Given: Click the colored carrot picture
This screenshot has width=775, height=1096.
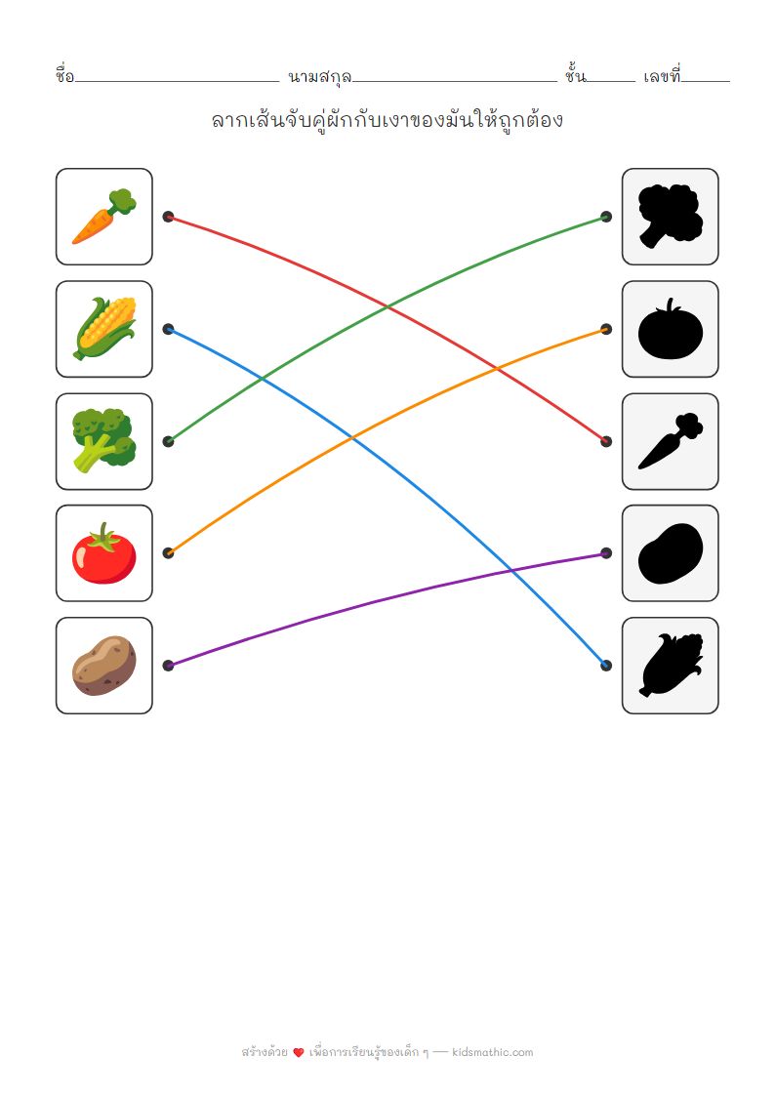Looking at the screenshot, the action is tap(104, 217).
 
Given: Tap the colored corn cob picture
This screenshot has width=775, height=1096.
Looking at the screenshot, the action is tap(104, 329).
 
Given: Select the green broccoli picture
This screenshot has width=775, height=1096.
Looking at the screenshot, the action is tap(104, 441).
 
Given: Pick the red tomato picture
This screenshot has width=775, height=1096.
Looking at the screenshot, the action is tap(104, 553).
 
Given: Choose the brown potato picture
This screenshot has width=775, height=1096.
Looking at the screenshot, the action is tap(104, 666).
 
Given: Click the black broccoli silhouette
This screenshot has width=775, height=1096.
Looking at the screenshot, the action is tap(671, 217).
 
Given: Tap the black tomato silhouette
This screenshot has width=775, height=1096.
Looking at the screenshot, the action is tap(671, 329).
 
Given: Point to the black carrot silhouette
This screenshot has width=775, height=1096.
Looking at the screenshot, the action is tap(671, 441).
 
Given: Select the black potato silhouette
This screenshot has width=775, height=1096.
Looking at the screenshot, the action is tap(671, 553).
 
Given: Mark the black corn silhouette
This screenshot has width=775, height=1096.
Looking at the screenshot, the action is tap(671, 666).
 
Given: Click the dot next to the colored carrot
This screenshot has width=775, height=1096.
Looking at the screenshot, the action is tap(169, 217).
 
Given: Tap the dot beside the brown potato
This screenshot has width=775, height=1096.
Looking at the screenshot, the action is tap(169, 666).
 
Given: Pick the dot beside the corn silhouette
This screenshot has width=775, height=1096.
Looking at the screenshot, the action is tap(606, 666).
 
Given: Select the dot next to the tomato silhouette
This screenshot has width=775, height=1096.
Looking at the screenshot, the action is tap(606, 329).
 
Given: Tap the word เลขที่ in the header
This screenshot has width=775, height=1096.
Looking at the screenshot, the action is tap(662, 75).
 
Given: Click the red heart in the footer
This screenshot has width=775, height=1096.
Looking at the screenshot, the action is tap(299, 1053).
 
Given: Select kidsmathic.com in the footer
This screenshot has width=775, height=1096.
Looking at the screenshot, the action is tap(493, 1052).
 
